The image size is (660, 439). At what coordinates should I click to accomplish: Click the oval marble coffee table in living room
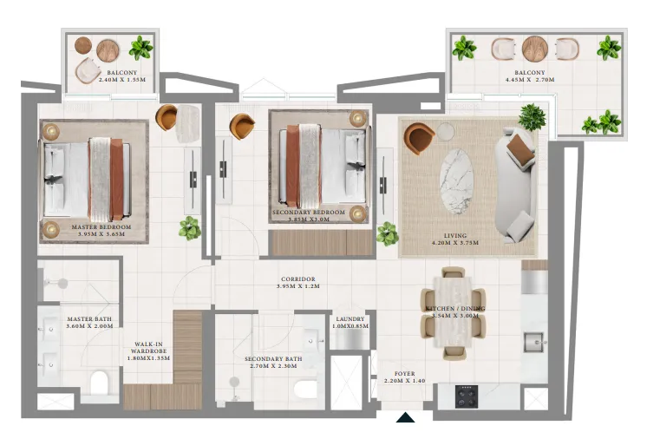(457, 180)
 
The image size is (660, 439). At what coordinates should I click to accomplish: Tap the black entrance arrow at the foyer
(405, 420)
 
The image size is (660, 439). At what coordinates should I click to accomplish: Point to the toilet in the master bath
(101, 383)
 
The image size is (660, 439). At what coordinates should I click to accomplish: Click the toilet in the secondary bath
(306, 389)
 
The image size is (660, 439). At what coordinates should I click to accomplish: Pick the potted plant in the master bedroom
(189, 228)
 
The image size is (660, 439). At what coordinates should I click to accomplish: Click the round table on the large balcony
(535, 49)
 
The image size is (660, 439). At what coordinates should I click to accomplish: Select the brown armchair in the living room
(419, 137)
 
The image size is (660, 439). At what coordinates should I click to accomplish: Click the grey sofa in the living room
(515, 186)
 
